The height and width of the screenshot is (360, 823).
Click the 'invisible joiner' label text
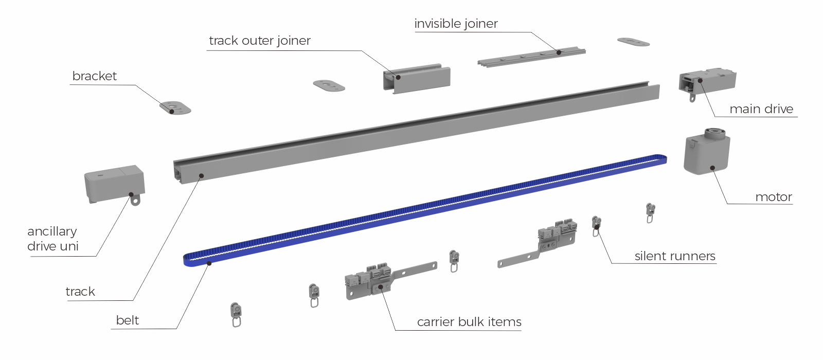click(x=456, y=24)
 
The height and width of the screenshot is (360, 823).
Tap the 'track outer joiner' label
click(x=259, y=41)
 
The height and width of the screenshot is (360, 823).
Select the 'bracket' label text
click(x=94, y=76)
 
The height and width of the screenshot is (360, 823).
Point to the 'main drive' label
click(x=761, y=109)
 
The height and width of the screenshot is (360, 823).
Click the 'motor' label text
click(x=773, y=197)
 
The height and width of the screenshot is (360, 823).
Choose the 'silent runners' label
click(x=674, y=256)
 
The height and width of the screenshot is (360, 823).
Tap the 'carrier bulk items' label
click(x=469, y=322)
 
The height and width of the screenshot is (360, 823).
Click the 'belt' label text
click(x=127, y=320)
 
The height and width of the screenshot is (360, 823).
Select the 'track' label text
click(x=80, y=292)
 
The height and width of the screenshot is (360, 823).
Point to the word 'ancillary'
click(x=52, y=231)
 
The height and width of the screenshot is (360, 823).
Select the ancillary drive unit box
click(x=114, y=184)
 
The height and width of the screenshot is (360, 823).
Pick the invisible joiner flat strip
click(x=531, y=57)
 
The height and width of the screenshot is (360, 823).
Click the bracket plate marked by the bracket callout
click(x=175, y=108)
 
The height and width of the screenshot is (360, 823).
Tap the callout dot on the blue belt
click(x=209, y=263)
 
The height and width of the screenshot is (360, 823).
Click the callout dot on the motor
click(x=712, y=168)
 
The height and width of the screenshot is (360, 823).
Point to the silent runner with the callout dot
click(x=596, y=225)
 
